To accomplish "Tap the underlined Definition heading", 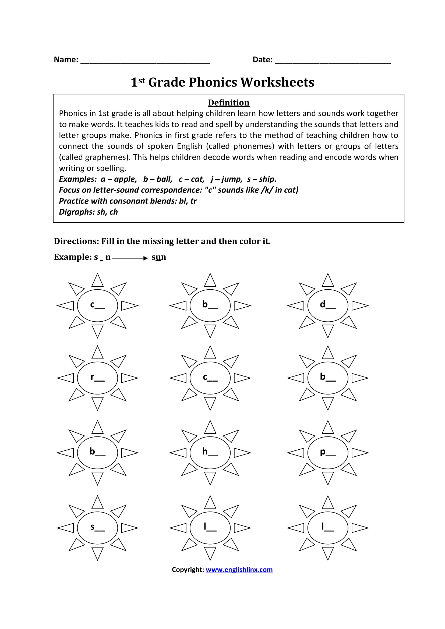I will point(228,102).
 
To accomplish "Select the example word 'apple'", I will point(125,179).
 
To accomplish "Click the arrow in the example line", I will point(130,258).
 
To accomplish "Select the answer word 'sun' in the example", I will point(159,257).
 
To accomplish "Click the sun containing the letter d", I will point(328,305).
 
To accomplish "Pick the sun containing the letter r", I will point(98,378).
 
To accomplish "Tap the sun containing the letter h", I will point(210,453).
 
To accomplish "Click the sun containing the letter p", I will point(328,453).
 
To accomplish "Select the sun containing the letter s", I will point(98,528).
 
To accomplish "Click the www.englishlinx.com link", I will point(239,570).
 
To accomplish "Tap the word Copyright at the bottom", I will point(188,570).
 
